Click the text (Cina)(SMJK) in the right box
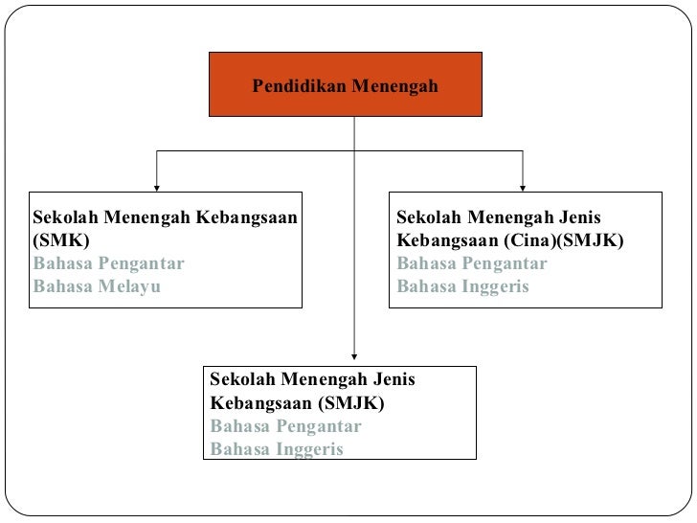[x=564, y=240]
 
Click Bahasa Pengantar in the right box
[x=472, y=263]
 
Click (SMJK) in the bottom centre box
[x=351, y=403]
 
